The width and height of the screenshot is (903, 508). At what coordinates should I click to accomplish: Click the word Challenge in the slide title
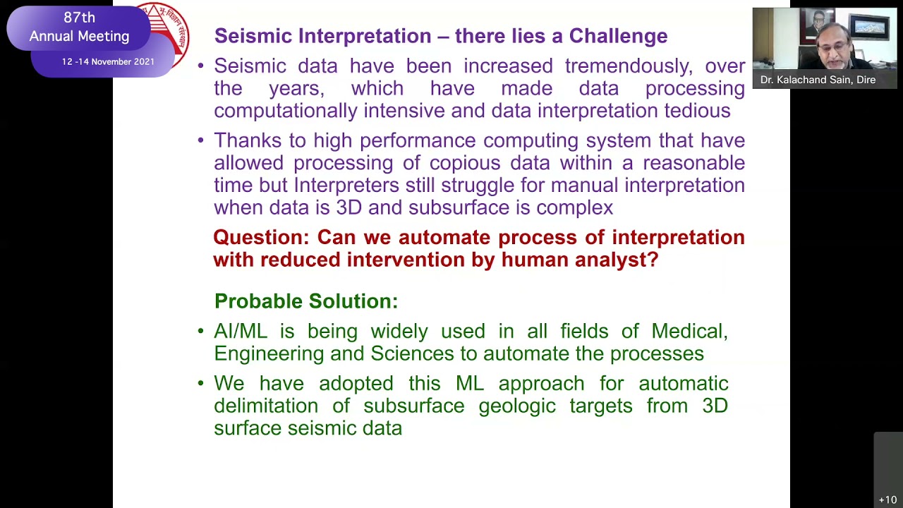(x=618, y=36)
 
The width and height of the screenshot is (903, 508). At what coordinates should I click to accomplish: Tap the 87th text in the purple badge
(x=79, y=18)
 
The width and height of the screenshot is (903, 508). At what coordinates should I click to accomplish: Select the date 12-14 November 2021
(x=108, y=62)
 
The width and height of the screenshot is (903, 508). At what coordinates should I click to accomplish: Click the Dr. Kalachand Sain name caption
(x=818, y=80)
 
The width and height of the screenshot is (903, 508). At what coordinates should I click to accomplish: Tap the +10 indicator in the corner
(x=887, y=500)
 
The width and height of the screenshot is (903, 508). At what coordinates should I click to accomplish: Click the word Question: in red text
(x=261, y=238)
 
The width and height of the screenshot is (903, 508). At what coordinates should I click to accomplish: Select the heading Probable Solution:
(x=306, y=301)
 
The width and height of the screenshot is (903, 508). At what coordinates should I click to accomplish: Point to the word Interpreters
(x=346, y=186)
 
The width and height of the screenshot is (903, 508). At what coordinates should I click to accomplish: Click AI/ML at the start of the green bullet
(x=241, y=332)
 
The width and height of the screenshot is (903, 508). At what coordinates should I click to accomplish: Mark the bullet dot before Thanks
(x=200, y=140)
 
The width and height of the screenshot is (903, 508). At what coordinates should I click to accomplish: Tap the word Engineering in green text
(x=269, y=353)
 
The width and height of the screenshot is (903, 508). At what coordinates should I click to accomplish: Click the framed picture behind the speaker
(x=871, y=28)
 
